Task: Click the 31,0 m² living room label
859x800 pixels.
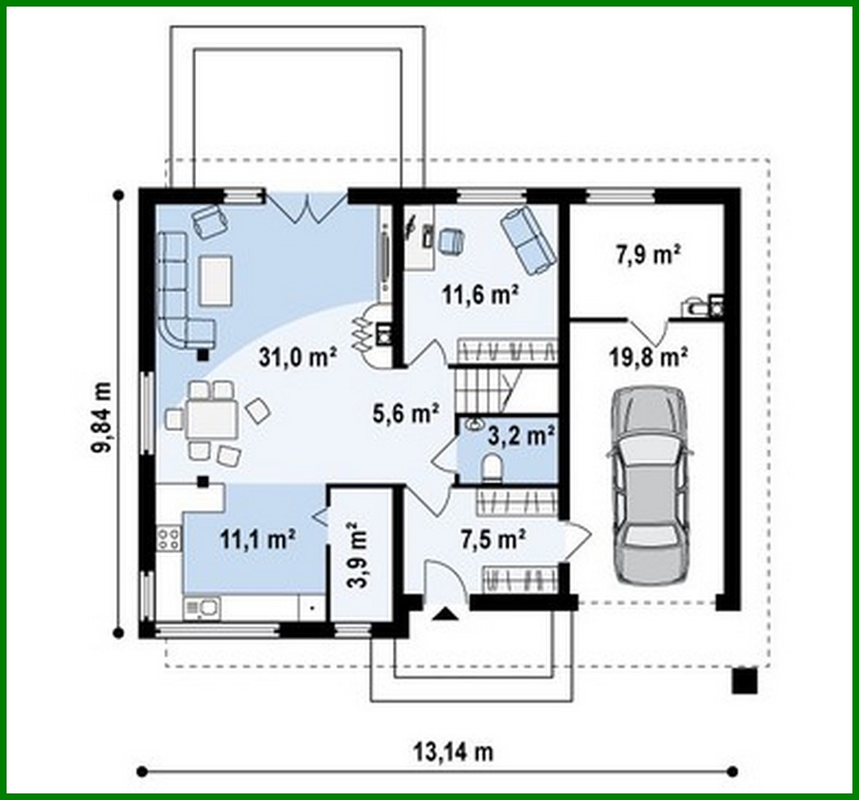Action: [298, 356]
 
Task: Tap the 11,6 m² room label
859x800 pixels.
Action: [480, 294]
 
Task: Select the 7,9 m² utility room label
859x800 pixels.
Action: [648, 255]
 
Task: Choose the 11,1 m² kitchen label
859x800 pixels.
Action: [257, 539]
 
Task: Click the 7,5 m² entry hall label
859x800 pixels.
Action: [493, 539]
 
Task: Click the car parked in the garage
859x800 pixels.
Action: [650, 485]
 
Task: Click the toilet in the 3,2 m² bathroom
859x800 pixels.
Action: [493, 468]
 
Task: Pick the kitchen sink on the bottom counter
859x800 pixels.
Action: [201, 606]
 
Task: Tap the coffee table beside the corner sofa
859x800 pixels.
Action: [216, 280]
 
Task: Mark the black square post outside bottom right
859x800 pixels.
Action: [745, 680]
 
